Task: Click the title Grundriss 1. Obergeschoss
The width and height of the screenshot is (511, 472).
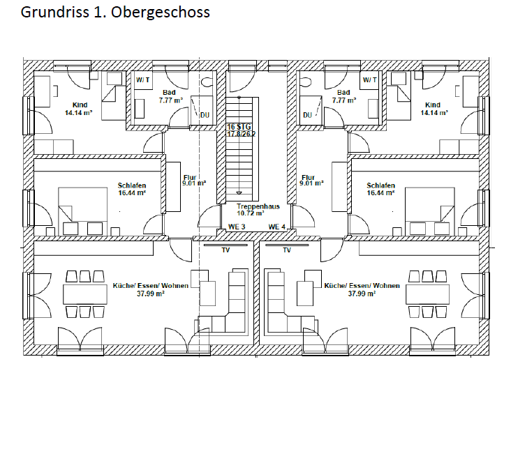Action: point(115,13)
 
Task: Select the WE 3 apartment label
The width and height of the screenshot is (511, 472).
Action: point(237,227)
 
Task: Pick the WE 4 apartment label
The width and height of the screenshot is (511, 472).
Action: point(276,227)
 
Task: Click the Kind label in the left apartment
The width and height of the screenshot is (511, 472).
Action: point(80,105)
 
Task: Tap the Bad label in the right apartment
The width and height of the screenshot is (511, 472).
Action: point(343,92)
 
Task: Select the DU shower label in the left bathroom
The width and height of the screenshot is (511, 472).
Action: point(205,115)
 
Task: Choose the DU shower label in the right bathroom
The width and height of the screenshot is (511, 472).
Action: point(307,115)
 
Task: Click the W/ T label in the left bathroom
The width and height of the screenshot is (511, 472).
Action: point(143,80)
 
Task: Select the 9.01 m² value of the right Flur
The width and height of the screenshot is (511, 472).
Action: point(311,184)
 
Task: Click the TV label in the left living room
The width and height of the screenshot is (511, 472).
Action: point(225,249)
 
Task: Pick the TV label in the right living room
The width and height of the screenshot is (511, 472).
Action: point(287,249)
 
